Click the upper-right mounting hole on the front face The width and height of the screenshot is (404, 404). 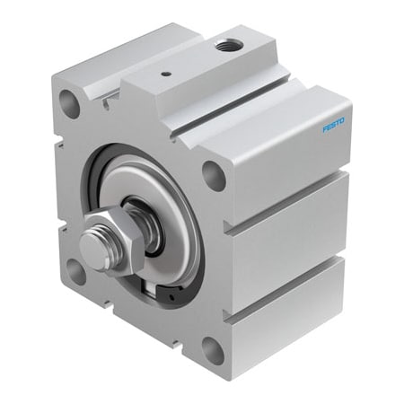(x=214, y=173)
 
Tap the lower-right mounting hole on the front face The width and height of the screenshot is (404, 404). (x=213, y=350)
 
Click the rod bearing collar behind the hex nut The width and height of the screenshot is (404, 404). (x=144, y=220)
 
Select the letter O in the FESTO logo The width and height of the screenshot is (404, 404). (x=347, y=119)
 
